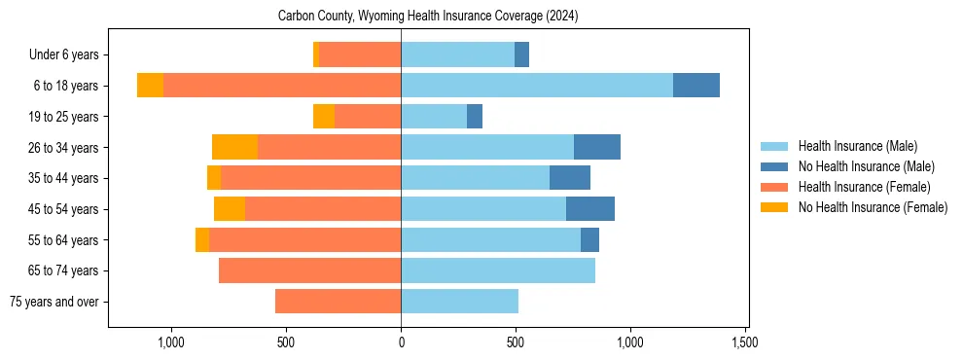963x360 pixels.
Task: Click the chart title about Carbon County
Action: point(428,16)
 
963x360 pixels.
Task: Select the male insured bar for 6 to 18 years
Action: point(536,86)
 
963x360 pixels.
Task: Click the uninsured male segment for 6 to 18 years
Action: point(695,86)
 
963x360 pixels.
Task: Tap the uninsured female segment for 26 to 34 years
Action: point(234,147)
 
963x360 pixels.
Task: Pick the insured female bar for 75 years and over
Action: point(338,302)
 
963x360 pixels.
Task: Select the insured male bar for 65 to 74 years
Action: point(498,270)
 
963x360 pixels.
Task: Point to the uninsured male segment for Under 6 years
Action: point(521,54)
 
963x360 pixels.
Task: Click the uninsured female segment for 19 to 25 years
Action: point(323,117)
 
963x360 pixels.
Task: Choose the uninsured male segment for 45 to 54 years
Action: point(589,209)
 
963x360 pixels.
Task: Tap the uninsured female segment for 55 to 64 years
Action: point(202,239)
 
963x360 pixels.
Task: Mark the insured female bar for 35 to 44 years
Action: point(310,178)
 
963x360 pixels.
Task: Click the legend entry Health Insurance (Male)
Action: point(857,146)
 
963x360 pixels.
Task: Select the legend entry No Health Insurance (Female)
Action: point(873,207)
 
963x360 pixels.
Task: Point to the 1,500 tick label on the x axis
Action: point(745,342)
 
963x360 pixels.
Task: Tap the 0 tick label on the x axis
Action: point(401,342)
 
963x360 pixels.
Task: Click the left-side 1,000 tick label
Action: point(171,342)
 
